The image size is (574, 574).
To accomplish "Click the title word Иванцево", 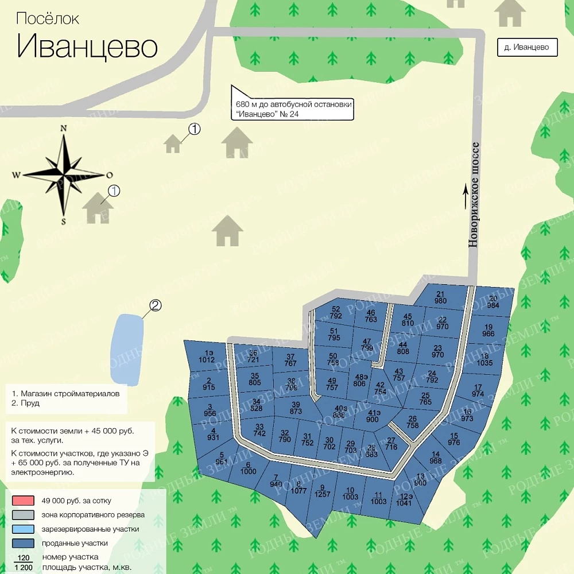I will (x=87, y=46).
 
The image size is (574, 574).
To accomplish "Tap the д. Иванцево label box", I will (x=527, y=48).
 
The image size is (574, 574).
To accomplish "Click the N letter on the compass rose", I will (x=64, y=128).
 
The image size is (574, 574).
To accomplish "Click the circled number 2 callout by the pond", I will (x=156, y=306).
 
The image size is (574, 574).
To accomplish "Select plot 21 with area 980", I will (x=441, y=297).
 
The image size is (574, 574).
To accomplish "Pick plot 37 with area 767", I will (x=290, y=360).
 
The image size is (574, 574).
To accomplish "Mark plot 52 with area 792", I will (x=336, y=312).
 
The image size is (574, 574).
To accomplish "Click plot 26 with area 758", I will (x=412, y=422).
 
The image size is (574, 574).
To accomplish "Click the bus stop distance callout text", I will (x=294, y=110).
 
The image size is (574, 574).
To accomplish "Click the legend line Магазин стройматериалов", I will (x=65, y=394).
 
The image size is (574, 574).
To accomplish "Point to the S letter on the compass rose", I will (x=64, y=221).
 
